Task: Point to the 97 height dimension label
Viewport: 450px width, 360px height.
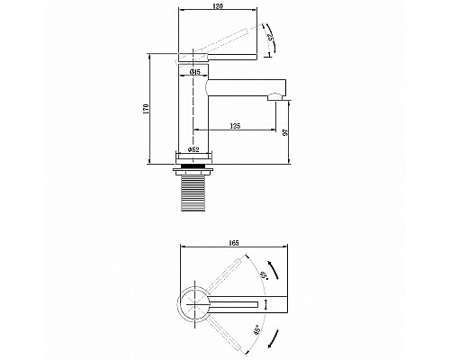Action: pyautogui.click(x=286, y=132)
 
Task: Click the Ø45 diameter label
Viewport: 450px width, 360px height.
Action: pyautogui.click(x=194, y=71)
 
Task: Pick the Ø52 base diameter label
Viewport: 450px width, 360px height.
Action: pyautogui.click(x=193, y=149)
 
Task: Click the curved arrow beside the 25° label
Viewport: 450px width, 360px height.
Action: pyautogui.click(x=273, y=42)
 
